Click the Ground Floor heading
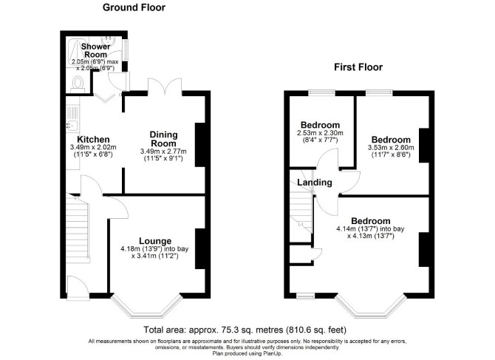click(134, 7)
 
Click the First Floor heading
click(358, 67)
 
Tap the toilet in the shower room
click(78, 84)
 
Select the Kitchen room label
click(93, 139)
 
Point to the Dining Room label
click(163, 139)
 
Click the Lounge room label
click(155, 242)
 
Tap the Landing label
click(315, 182)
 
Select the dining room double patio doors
click(165, 86)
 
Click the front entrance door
click(78, 288)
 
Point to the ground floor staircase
click(77, 228)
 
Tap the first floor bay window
click(369, 306)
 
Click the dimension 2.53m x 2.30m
click(320, 133)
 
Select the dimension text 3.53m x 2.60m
click(391, 147)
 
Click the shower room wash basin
click(108, 40)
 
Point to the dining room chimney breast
click(200, 145)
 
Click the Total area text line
click(245, 330)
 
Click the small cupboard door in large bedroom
click(317, 254)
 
